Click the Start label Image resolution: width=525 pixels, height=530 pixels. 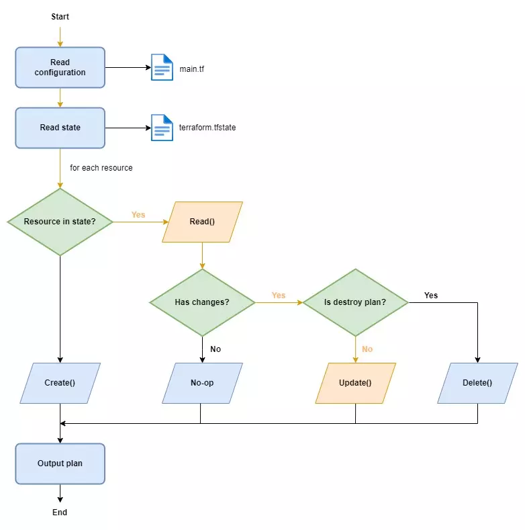(60, 17)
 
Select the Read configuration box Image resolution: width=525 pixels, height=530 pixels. (60, 68)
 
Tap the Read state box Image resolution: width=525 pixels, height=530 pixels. (60, 128)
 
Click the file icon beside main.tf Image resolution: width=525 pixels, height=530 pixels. (162, 67)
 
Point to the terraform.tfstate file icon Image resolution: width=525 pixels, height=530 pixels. (162, 128)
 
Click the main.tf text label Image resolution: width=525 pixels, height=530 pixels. (191, 69)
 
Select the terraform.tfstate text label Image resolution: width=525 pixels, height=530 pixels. (207, 128)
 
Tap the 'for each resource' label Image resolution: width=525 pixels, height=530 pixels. (101, 168)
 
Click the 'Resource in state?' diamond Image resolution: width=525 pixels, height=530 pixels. (60, 222)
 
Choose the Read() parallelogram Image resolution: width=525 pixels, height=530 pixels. (202, 222)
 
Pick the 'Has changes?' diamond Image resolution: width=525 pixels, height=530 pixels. (202, 302)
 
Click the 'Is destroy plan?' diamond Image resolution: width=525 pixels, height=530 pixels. (355, 302)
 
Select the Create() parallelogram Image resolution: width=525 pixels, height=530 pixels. (60, 383)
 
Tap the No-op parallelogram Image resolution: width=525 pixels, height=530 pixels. (202, 383)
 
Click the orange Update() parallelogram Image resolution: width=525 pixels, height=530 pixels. (355, 383)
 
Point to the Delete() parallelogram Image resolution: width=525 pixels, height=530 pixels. (478, 383)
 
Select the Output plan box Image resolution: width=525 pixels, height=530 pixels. (60, 463)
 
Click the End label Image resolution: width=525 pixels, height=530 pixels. (60, 513)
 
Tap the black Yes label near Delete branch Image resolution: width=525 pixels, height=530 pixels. (431, 296)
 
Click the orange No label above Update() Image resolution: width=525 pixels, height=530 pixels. (367, 349)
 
